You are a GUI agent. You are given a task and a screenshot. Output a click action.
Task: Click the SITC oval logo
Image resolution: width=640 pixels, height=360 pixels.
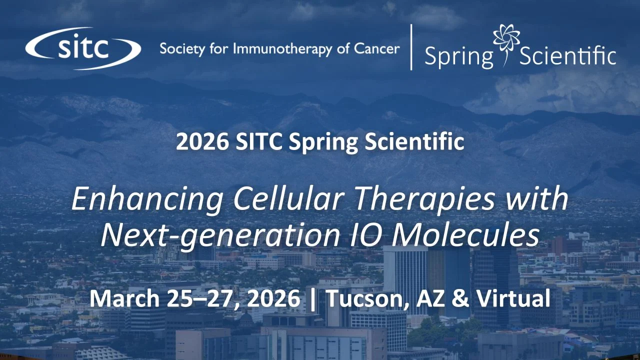83,48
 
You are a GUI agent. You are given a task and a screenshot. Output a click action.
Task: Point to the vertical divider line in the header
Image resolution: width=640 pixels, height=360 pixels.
411,47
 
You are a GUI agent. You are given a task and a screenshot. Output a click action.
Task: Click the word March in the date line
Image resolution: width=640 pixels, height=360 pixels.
122,298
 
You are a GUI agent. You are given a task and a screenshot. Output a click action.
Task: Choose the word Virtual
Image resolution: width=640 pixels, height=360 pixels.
513,298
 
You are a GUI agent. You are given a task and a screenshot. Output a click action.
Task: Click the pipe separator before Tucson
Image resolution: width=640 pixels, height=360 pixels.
313,299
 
